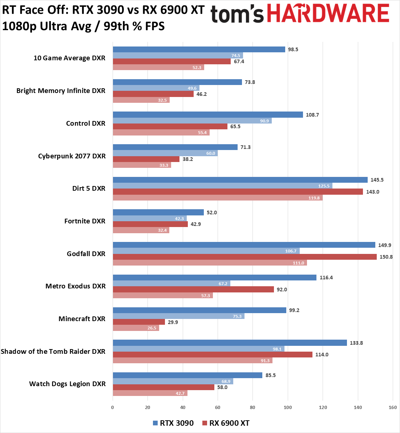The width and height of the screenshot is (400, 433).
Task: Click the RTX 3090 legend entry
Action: pyautogui.click(x=173, y=423)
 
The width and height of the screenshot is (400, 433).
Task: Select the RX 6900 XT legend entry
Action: pyautogui.click(x=226, y=423)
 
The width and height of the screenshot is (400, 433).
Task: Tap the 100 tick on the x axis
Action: pyautogui.click(x=288, y=407)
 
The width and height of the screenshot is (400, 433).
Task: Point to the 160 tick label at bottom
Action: pyautogui.click(x=392, y=407)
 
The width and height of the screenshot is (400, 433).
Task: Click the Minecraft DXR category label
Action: pyautogui.click(x=82, y=319)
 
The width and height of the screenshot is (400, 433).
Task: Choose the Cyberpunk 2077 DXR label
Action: pyautogui.click(x=72, y=156)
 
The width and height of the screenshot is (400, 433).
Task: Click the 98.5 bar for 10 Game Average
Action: pyautogui.click(x=199, y=49)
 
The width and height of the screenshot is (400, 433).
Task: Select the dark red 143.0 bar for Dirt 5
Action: pyautogui.click(x=238, y=192)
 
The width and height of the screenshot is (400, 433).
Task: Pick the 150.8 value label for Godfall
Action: pyautogui.click(x=385, y=257)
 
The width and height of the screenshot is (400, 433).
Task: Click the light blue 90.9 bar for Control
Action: pyautogui.click(x=192, y=121)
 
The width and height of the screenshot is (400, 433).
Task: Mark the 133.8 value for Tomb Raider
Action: pyautogui.click(x=356, y=343)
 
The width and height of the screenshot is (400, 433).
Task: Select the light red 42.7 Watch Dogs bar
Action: pyautogui.click(x=150, y=393)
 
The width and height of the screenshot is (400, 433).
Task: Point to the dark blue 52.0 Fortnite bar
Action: pyautogui.click(x=158, y=213)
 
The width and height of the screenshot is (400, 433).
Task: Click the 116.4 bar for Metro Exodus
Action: pyautogui.click(x=214, y=278)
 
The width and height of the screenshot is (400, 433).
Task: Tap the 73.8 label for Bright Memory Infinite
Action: pyautogui.click(x=250, y=82)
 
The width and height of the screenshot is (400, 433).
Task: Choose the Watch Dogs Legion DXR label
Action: pyautogui.click(x=67, y=384)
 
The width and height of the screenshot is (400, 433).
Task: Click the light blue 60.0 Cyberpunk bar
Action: pyautogui.click(x=165, y=153)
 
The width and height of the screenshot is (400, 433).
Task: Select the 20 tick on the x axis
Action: pyautogui.click(x=148, y=407)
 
